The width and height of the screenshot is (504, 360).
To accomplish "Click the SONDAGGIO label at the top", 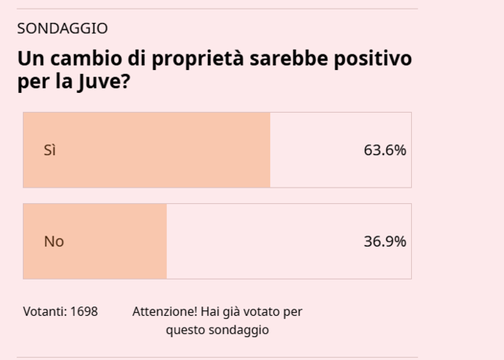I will click(x=62, y=28).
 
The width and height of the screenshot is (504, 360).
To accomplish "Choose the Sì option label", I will click(x=50, y=150).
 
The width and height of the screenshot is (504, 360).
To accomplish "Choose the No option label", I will click(x=54, y=241).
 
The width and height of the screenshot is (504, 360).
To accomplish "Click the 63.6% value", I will click(x=384, y=150).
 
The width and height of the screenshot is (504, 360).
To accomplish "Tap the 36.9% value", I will click(x=384, y=241).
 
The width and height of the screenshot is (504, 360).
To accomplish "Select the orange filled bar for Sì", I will click(x=157, y=150).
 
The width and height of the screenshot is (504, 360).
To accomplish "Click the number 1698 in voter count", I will click(x=83, y=311).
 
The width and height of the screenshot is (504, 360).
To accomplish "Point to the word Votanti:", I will click(x=45, y=311).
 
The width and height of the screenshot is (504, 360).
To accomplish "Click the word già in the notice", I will click(x=229, y=311).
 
